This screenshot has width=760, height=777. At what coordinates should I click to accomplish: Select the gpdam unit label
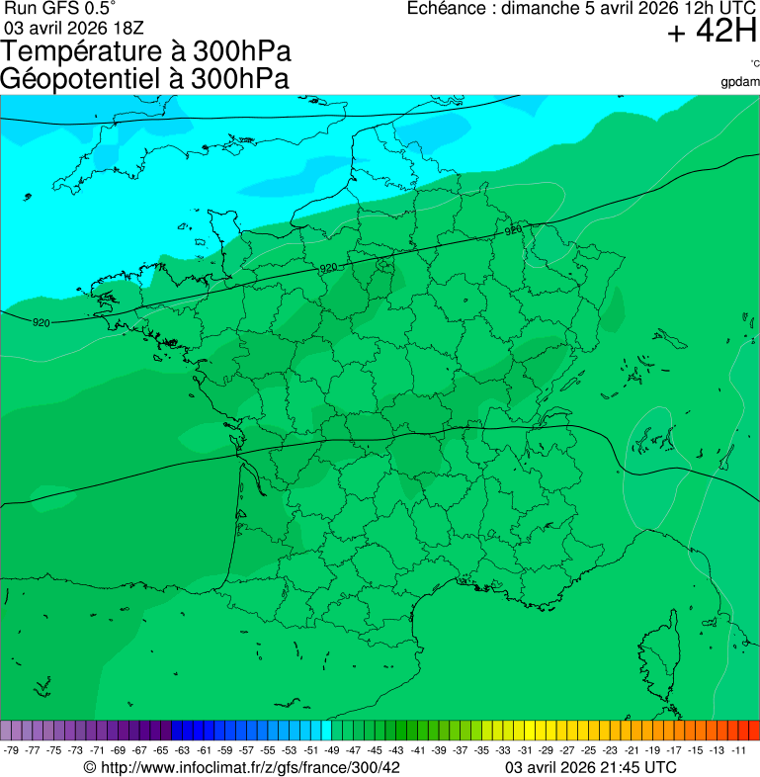pos(741,82)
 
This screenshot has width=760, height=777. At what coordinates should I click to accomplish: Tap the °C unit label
pos(753,64)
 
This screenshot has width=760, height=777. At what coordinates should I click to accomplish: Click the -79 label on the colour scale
pos(12,750)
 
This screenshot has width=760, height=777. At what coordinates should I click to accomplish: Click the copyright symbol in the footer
pos(90,767)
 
